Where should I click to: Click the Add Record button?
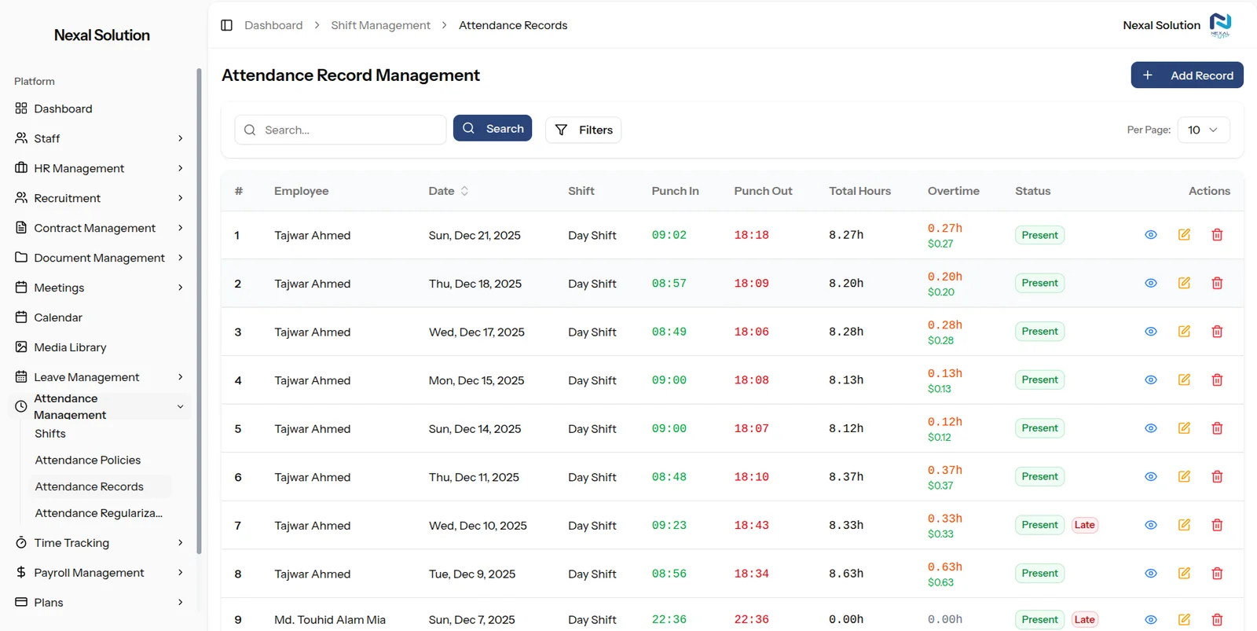1187,75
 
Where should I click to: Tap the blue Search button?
492,129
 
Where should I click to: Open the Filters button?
583,130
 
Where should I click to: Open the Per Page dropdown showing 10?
1203,130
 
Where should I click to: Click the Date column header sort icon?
464,191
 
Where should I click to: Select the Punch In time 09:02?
669,235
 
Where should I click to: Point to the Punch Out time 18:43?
751,526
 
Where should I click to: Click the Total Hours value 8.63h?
845,574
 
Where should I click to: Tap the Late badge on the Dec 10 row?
1084,525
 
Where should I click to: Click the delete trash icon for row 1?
1217,235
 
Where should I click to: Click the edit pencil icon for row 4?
1184,380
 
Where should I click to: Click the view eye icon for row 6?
1150,477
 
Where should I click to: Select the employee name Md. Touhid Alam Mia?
330,620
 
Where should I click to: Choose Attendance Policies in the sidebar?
87,460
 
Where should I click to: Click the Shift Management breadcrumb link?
380,25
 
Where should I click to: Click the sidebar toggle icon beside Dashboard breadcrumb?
227,25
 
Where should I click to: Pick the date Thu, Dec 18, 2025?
475,284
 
